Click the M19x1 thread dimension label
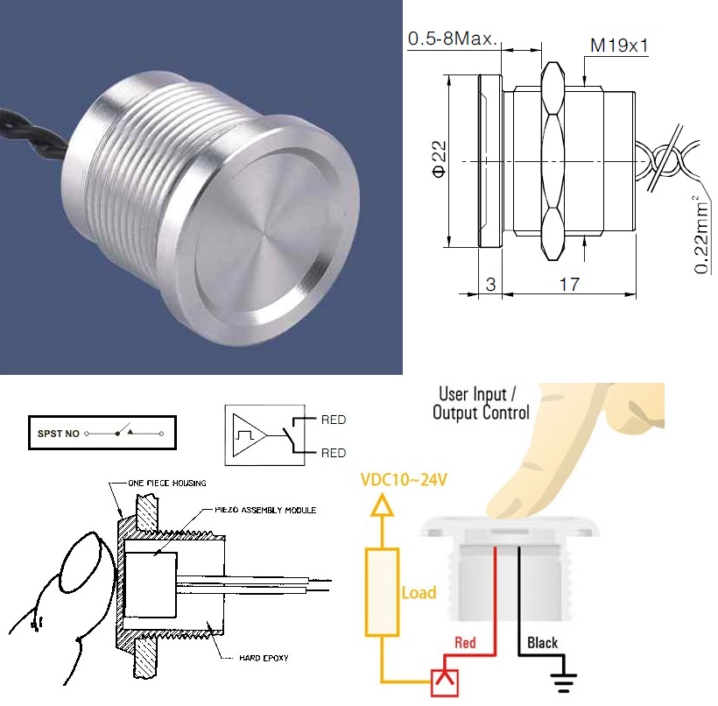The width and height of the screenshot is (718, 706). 619,46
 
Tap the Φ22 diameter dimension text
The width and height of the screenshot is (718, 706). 439,159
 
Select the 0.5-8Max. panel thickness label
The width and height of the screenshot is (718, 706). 453,39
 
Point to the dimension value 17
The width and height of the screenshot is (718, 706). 569,285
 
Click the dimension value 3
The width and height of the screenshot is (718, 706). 490,285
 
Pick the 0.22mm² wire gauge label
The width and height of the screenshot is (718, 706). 701,235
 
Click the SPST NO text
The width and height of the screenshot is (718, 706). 58,434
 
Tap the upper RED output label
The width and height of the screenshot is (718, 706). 334,420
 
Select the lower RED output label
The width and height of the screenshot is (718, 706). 334,453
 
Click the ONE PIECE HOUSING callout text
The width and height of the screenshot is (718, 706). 167,483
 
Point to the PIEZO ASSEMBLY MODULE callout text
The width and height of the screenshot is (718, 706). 265,510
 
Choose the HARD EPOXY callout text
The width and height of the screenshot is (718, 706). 264,658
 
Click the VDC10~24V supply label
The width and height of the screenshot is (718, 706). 404,480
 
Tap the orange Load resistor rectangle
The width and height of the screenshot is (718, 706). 382,592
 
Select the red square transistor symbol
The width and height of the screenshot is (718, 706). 445,683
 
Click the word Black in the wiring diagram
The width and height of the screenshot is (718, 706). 542,643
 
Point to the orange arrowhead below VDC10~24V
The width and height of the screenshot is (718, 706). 382,505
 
